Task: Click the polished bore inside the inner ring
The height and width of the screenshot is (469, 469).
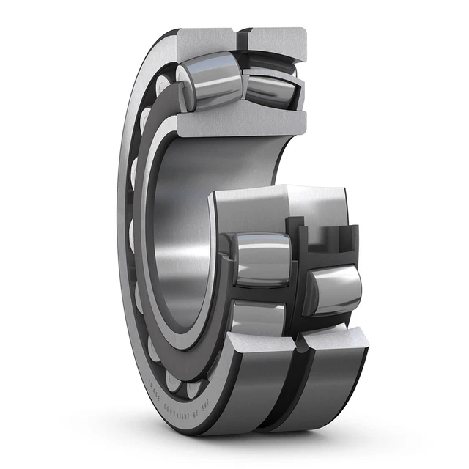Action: [183, 234]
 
